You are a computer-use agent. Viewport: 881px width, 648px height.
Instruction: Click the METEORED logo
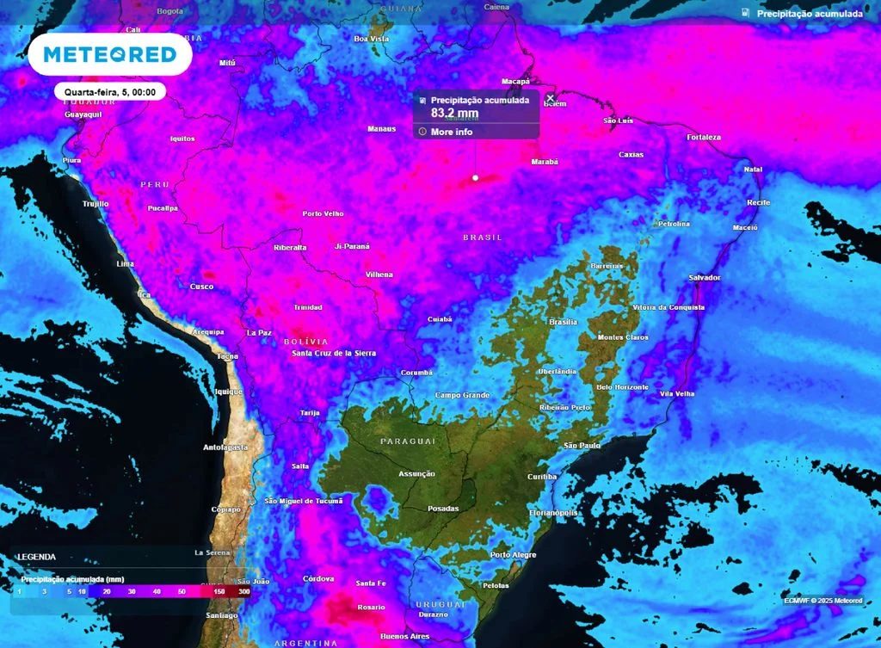pos(110,54)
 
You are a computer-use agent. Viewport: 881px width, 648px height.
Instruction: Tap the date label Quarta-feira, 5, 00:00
pos(110,91)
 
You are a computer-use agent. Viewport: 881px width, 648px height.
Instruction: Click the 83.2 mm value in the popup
pos(455,113)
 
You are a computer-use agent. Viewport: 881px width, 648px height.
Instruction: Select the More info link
pos(452,132)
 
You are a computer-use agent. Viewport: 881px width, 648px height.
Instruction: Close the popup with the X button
pos(551,98)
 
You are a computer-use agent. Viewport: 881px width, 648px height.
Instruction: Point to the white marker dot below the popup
pos(475,178)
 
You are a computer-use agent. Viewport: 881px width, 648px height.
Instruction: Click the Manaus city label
pos(381,129)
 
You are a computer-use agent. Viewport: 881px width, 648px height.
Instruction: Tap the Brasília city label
pos(563,322)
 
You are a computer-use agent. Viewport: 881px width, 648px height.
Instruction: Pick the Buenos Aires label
pos(404,636)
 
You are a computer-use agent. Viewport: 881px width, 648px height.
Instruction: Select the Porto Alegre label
pos(513,555)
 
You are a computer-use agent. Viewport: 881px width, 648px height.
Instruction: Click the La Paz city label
pos(259,332)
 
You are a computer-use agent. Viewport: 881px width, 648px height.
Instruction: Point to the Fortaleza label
pos(704,138)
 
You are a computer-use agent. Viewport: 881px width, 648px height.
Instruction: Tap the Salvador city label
pos(705,278)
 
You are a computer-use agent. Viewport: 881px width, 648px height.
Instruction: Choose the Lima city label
pos(125,263)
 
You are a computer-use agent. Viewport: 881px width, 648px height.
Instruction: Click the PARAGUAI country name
pos(408,441)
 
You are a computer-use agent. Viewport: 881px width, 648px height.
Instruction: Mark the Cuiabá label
pos(440,319)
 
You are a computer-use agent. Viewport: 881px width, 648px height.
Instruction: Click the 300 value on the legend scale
pos(243,593)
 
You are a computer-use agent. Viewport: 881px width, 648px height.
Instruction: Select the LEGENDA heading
pos(36,557)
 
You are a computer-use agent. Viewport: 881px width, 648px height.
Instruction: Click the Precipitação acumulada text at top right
pos(809,14)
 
